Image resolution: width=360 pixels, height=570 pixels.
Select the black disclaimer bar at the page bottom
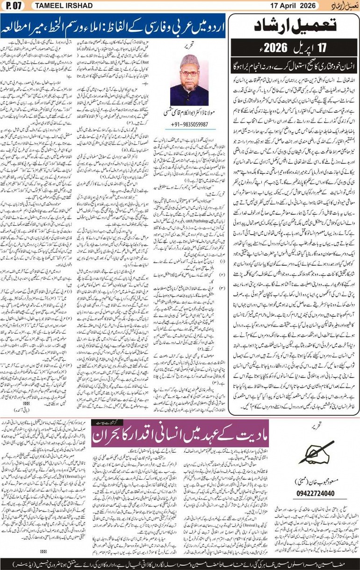180,563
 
